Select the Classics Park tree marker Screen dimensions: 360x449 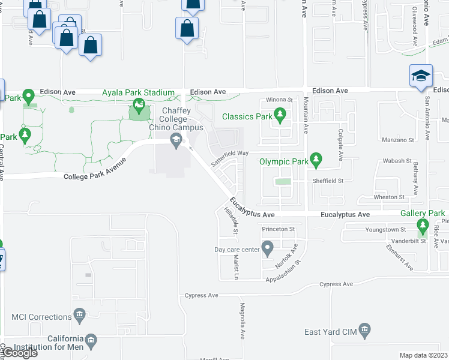pos(279,114)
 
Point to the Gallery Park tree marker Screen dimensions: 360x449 pos(423,226)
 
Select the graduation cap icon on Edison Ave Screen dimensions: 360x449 pos(421,76)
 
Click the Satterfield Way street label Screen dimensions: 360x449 pos(229,158)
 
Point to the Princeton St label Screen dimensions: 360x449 pos(279,229)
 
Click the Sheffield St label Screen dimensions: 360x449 pos(327,180)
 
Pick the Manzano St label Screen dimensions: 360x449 pos(398,140)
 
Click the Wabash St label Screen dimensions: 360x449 pos(397,161)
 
